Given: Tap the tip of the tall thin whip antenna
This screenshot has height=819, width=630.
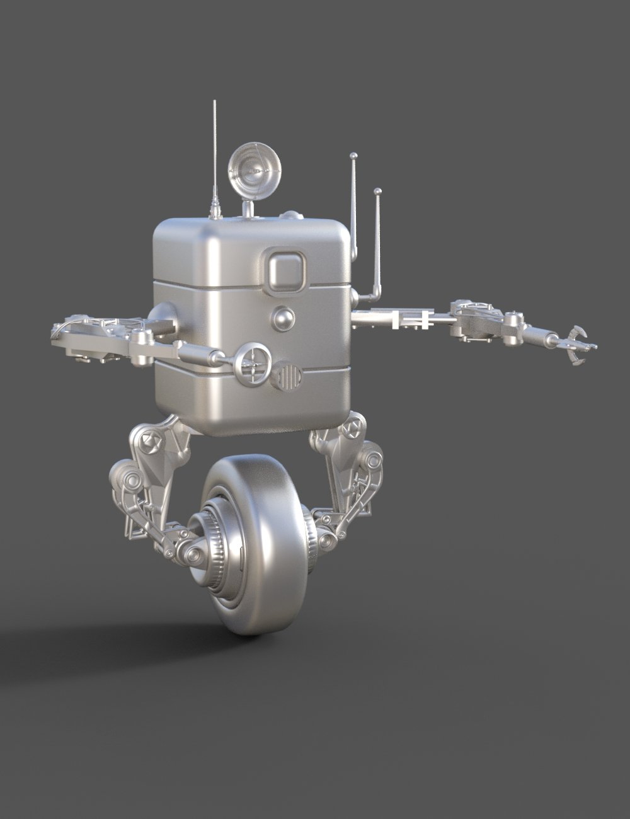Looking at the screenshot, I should coord(215,102).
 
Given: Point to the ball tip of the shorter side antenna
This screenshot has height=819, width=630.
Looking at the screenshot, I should coord(377,190).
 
